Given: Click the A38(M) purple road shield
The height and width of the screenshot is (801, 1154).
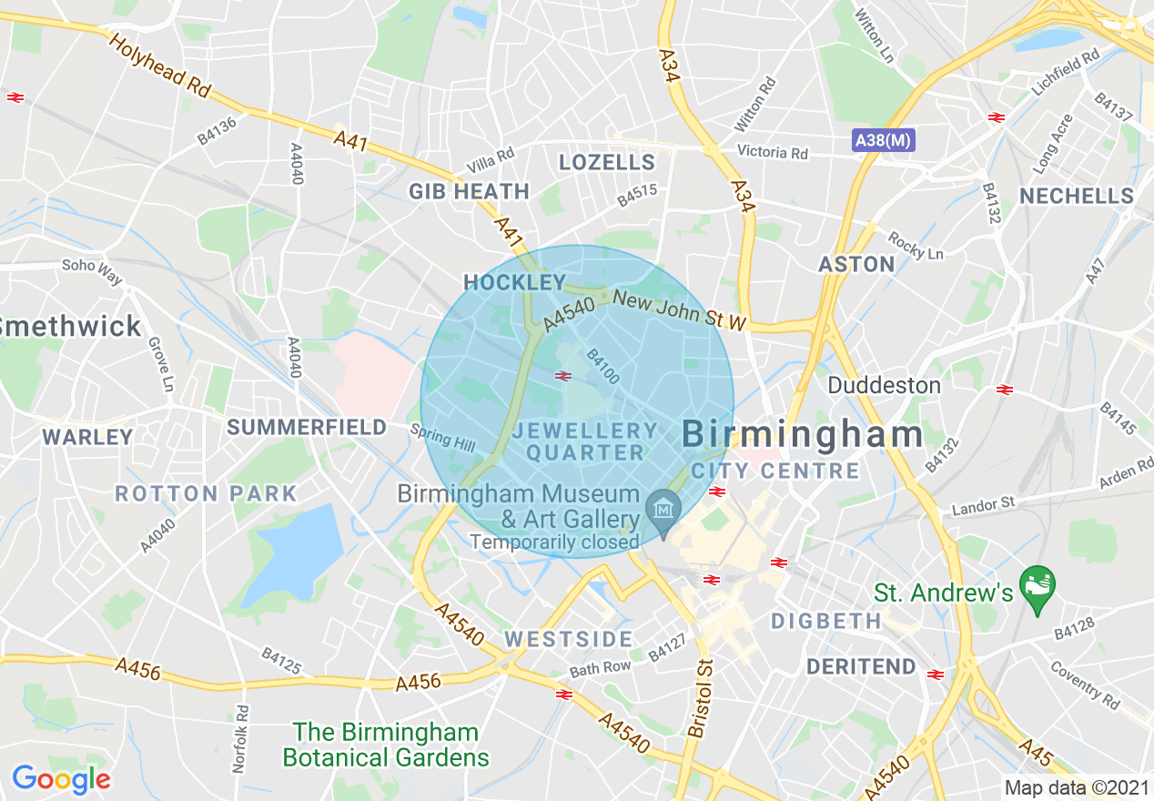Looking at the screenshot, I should (x=883, y=140).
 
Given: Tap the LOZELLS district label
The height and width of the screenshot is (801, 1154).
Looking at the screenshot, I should (x=607, y=163).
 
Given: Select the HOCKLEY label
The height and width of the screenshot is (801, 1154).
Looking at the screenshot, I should (x=515, y=282).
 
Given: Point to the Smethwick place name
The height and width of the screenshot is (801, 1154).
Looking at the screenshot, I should (x=71, y=326).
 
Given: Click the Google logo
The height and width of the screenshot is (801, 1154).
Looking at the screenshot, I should (x=61, y=779).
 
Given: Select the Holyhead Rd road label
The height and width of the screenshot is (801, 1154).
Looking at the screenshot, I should (x=159, y=66).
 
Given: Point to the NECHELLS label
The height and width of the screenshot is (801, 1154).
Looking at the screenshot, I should (x=1077, y=196).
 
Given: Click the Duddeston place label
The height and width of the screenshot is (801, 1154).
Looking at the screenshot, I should (x=884, y=385).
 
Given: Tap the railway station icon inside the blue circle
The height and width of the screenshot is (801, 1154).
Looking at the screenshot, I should (x=563, y=375).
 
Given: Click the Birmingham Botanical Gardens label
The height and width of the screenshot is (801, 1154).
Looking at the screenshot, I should (x=386, y=745).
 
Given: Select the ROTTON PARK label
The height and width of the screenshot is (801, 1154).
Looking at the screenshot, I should (x=207, y=494).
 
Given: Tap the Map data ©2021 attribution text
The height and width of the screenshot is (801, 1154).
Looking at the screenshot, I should (x=1076, y=787).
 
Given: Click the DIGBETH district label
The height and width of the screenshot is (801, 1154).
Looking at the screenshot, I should (x=826, y=622).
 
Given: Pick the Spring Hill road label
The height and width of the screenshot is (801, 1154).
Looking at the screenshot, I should (x=442, y=438).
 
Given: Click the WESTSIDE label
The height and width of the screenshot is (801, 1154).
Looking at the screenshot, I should (x=569, y=639).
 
